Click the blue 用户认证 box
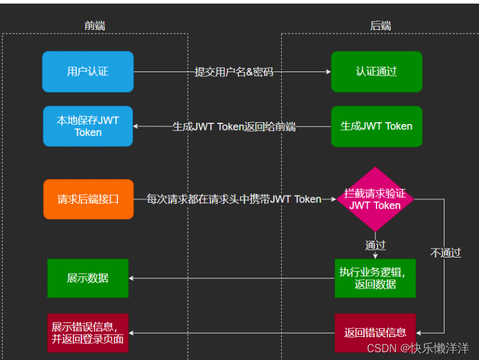coord(88,72)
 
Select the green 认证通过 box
coord(376,72)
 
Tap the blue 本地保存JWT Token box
coord(88,126)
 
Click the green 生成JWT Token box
coord(376,126)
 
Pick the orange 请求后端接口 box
coord(88,199)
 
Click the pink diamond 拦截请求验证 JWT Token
coord(375,199)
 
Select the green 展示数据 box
coord(88,278)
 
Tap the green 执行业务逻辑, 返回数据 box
coord(375,278)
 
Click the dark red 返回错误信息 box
coord(375,333)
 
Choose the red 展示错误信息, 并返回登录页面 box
coord(88,333)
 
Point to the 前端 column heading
coord(95,26)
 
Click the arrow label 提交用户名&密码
coord(234,72)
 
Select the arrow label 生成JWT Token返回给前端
coord(234,126)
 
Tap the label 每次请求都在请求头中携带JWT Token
coord(234,199)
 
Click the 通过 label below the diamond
coord(375,245)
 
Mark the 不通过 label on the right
coord(445,253)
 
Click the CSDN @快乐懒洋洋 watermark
coord(418,348)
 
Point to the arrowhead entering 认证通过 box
coord(328,72)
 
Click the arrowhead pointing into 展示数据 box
coord(132,278)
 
